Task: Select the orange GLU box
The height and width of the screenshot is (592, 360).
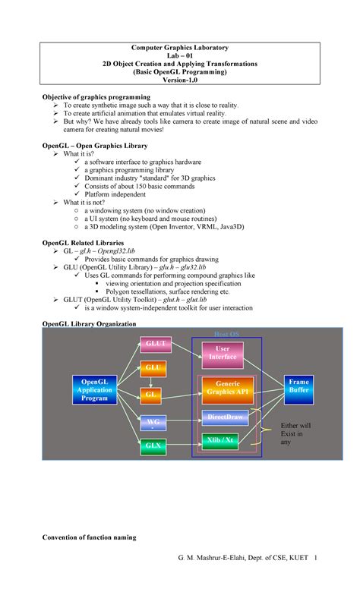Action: [153, 368]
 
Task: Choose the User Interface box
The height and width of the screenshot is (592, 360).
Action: [222, 353]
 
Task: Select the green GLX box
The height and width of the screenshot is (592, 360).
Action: [153, 446]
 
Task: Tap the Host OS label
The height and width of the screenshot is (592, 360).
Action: [226, 334]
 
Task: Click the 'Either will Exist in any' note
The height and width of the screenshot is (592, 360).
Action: [295, 433]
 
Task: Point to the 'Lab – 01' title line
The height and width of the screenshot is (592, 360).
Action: [180, 56]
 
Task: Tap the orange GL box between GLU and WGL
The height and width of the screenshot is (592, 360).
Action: [153, 395]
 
